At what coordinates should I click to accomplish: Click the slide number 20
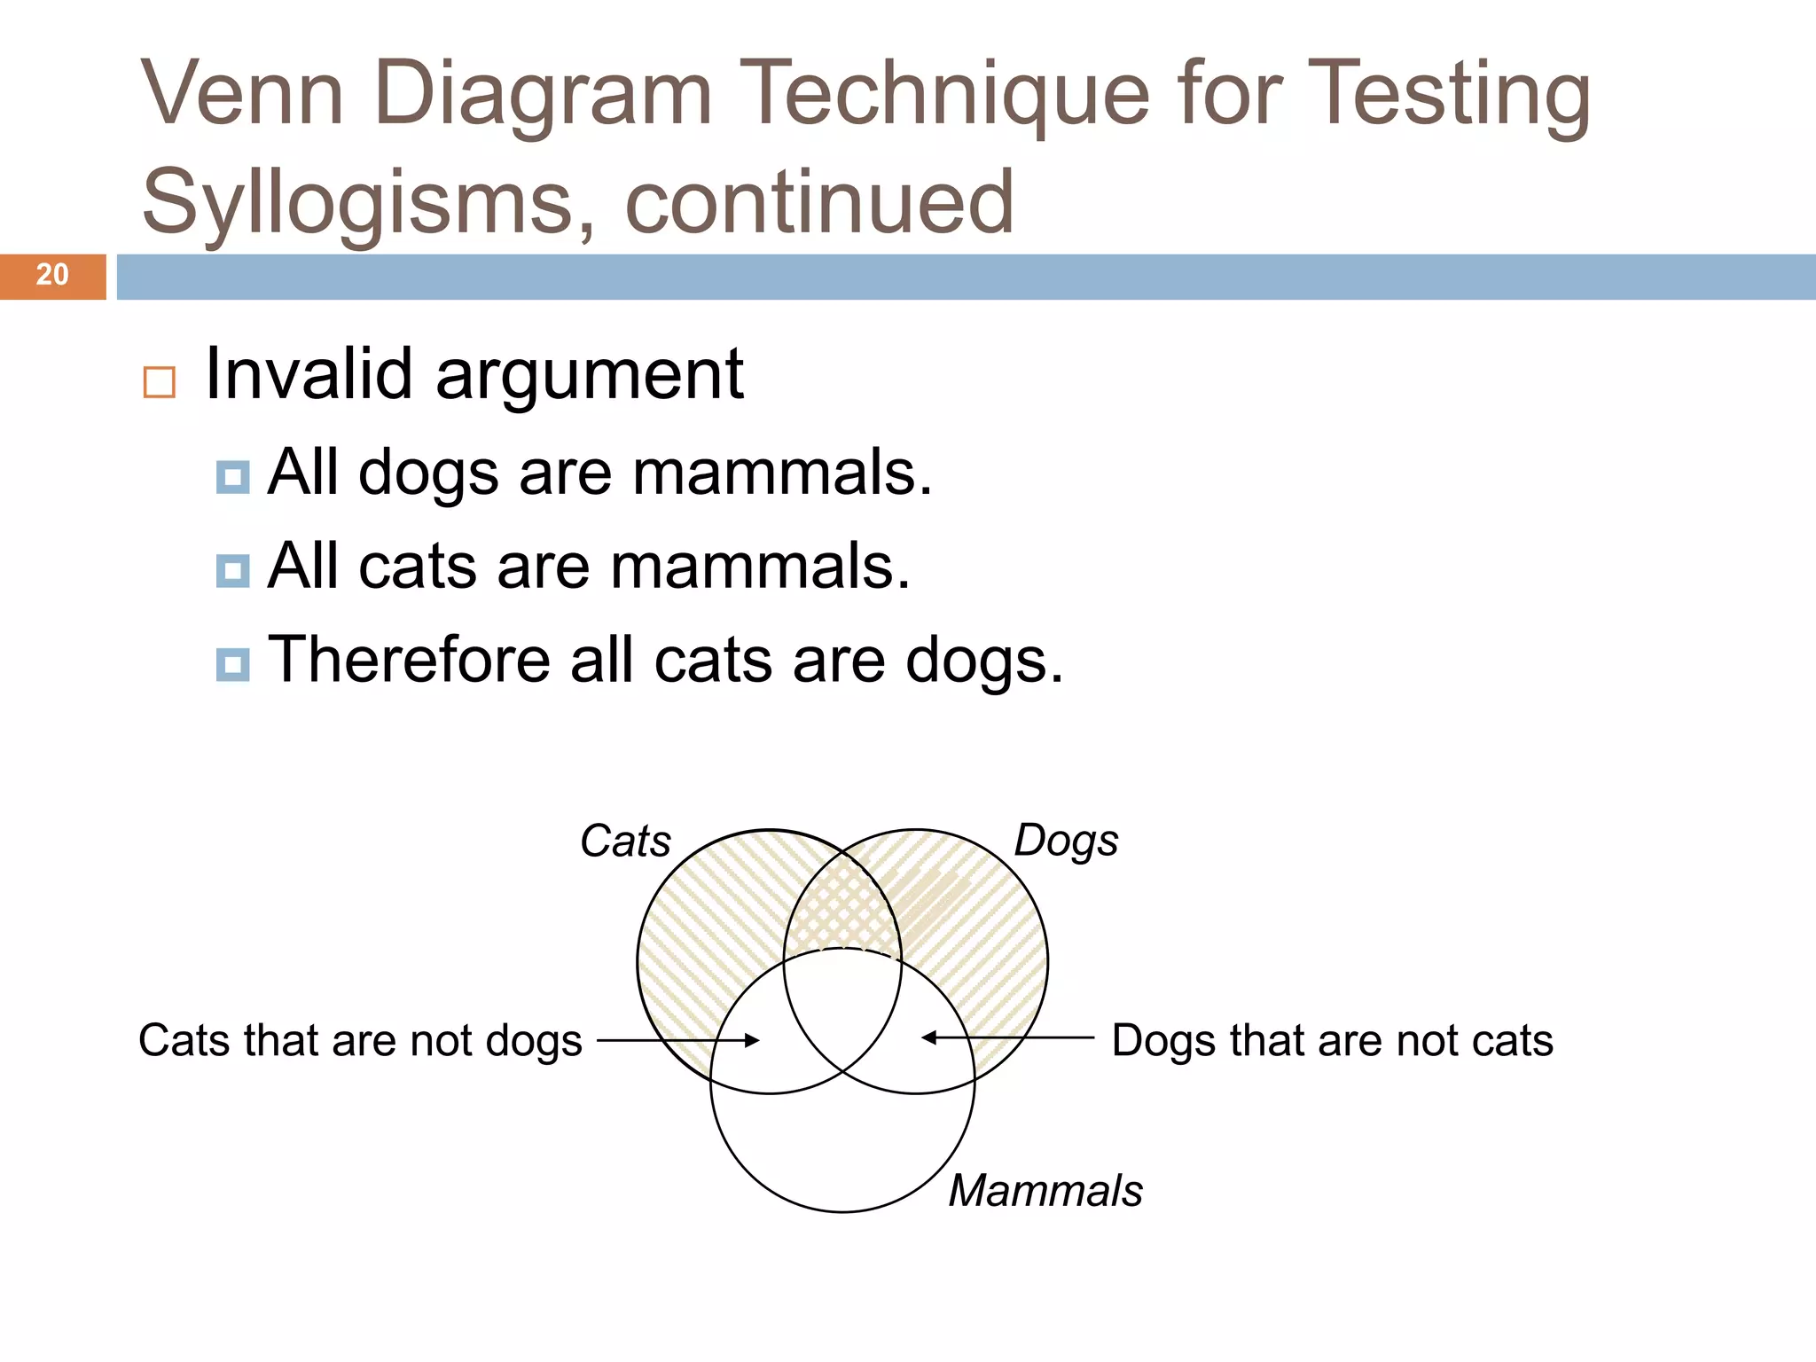[52, 275]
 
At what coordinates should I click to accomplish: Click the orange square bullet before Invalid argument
[159, 382]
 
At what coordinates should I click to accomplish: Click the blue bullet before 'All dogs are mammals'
[232, 477]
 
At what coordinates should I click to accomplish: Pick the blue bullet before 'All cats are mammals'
[232, 570]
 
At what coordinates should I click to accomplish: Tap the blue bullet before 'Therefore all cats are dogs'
[232, 664]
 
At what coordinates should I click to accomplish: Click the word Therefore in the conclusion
[409, 660]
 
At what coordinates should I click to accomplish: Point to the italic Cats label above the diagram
[625, 841]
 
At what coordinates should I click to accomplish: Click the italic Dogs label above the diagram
[1066, 841]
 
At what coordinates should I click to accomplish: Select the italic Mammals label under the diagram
[1045, 1190]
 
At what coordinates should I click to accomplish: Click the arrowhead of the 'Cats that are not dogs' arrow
[754, 1040]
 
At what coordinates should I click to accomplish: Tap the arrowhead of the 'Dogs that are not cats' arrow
[928, 1037]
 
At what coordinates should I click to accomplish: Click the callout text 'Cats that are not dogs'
[360, 1040]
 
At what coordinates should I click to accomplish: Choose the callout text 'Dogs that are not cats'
[1332, 1040]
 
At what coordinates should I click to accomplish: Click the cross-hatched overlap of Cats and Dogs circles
[842, 904]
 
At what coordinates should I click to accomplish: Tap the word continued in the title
[819, 203]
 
